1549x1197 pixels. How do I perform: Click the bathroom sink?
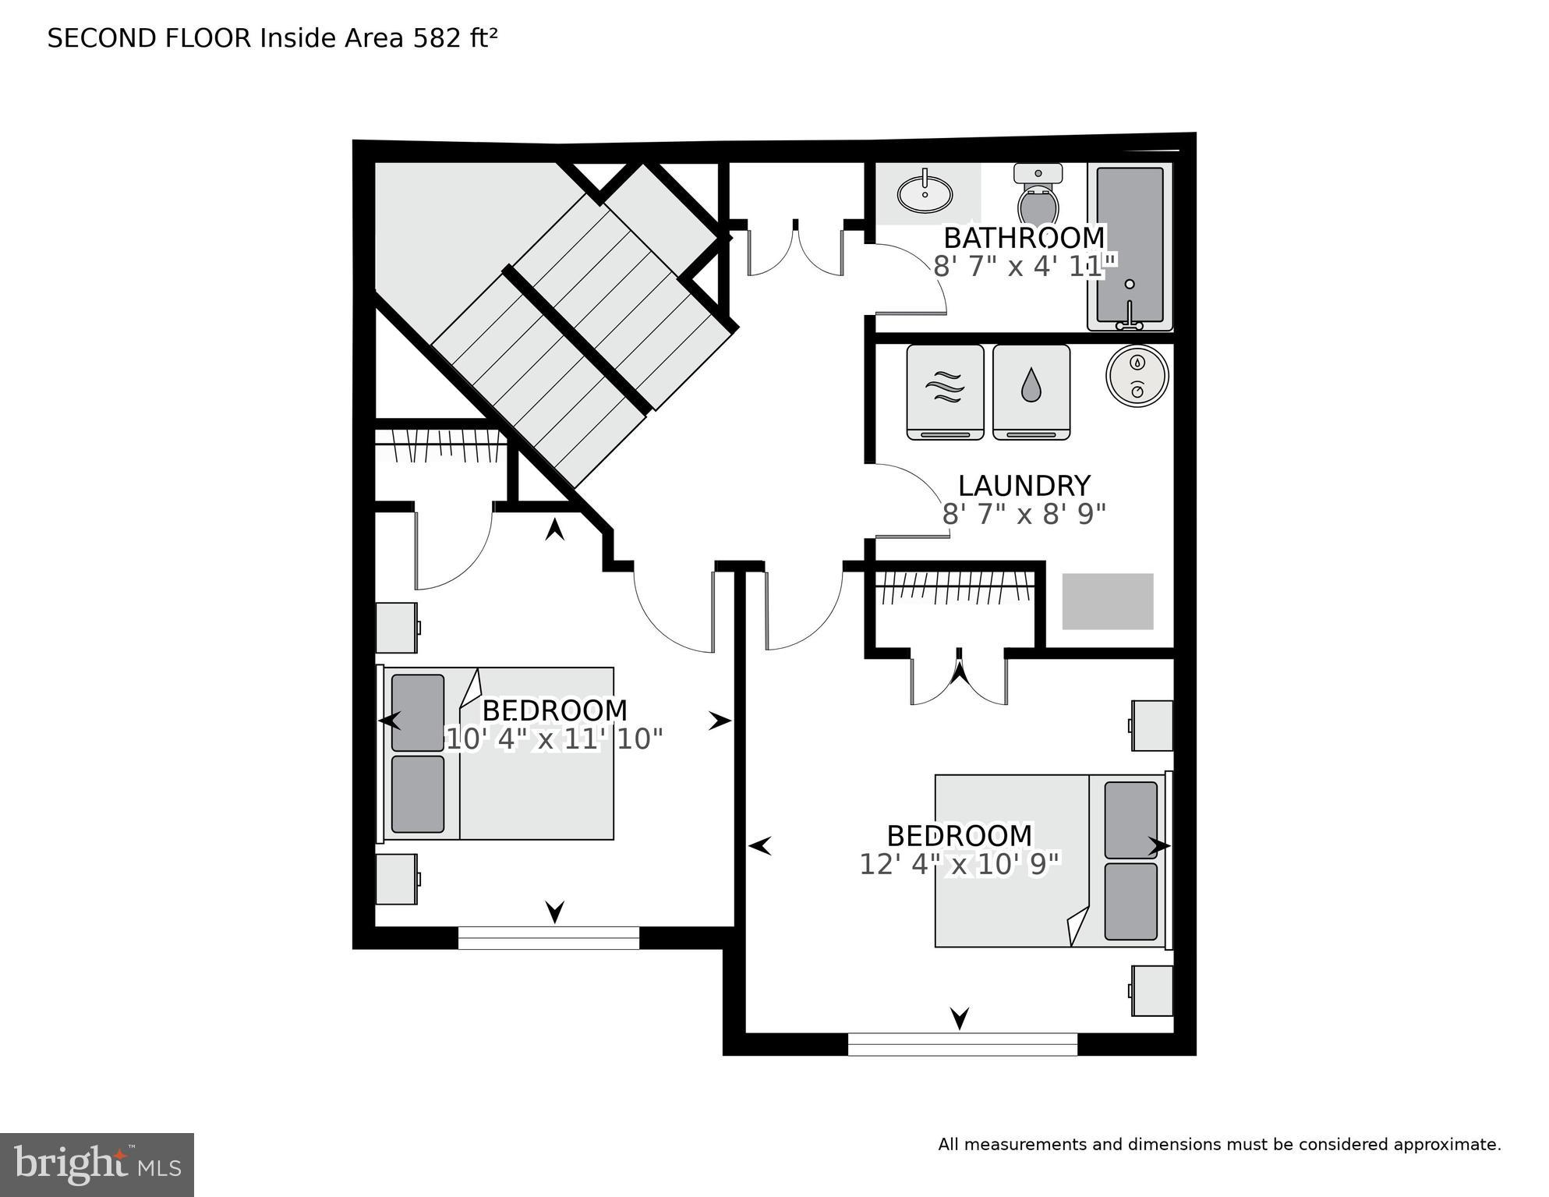point(925,193)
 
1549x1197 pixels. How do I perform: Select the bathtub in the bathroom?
point(1130,246)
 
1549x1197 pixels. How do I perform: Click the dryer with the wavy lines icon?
point(945,391)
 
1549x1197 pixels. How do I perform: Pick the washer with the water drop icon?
point(1031,391)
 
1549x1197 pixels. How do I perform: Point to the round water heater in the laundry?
point(1137,376)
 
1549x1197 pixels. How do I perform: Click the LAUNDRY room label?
point(1024,486)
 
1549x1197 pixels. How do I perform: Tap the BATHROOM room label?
point(1024,237)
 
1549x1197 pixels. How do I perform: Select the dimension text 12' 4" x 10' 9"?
point(960,864)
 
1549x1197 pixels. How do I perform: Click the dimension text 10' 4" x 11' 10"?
point(553,738)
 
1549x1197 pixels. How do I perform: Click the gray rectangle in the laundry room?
point(1107,601)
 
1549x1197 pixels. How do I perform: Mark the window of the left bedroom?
point(548,937)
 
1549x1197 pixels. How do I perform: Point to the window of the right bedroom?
point(962,1044)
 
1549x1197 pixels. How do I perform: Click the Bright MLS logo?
point(97,1165)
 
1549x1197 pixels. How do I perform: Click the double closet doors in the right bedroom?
point(959,678)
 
